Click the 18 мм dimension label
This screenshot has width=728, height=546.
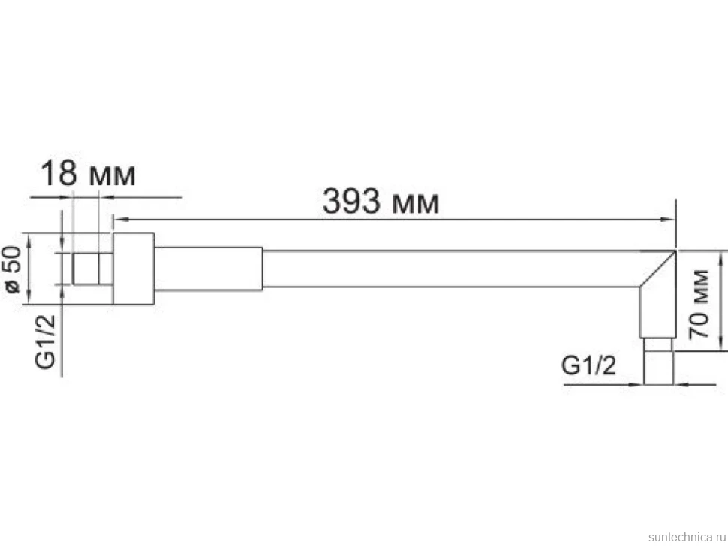[89, 174]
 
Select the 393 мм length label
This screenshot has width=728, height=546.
[381, 202]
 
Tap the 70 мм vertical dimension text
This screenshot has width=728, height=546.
[699, 304]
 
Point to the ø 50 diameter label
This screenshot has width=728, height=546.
[13, 269]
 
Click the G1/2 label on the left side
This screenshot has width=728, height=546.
[45, 342]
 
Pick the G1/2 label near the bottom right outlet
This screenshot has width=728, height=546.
[588, 365]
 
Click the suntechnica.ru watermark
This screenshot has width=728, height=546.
[687, 537]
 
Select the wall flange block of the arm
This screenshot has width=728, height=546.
[134, 268]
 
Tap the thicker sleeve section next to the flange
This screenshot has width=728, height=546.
[209, 268]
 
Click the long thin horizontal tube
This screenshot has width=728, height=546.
[450, 268]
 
